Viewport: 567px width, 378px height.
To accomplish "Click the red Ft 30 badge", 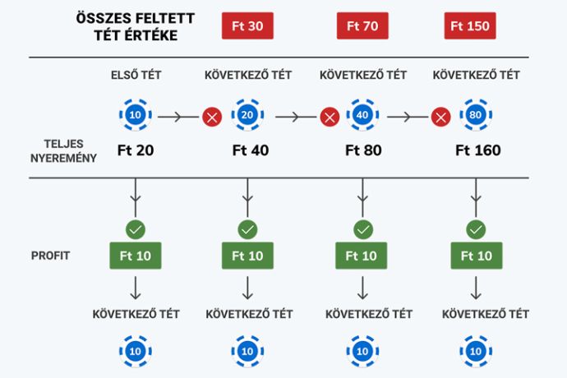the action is pos(247,25).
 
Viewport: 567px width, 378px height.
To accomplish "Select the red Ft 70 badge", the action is pos(362,25).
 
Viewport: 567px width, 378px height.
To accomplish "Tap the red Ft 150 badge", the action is pos(470,25).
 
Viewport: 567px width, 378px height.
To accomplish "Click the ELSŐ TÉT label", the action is pos(136,75).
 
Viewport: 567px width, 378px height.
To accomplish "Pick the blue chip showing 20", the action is pos(247,115).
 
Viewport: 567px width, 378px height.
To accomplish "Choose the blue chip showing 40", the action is pos(362,115).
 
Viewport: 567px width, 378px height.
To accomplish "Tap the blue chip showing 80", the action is pos(476,115).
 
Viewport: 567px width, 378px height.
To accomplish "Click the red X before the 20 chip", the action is pos(212,118).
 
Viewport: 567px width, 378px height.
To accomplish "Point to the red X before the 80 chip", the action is pos(440,118).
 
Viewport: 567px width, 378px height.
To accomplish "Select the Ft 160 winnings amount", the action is pos(478,150).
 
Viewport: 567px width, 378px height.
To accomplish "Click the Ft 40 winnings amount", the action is pos(251,150).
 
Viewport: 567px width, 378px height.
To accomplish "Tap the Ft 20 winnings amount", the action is pos(136,150).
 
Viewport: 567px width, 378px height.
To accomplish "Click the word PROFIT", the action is pos(50,256).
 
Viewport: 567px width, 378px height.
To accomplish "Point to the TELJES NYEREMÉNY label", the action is pos(63,151).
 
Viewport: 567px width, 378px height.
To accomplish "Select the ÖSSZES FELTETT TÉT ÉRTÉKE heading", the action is pos(136,26).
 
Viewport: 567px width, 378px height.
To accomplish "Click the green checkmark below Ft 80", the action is pos(363,230).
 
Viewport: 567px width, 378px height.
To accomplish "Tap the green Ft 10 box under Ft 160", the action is pos(477,256).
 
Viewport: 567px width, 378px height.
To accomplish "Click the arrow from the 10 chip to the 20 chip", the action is pos(178,117).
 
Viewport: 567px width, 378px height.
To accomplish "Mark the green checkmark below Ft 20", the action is pos(136,230).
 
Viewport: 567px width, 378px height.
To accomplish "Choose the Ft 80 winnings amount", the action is pos(363,150).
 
